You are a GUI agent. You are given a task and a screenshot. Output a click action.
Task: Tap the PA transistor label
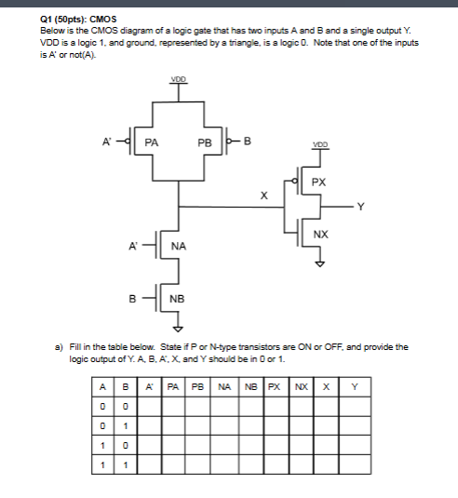[x=151, y=142]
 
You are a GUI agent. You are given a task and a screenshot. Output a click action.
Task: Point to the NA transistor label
[x=179, y=247]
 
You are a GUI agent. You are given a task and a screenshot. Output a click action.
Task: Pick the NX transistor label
[x=320, y=232]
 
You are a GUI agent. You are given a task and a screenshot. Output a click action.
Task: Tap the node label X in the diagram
[x=263, y=196]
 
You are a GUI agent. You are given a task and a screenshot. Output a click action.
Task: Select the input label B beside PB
[x=247, y=141]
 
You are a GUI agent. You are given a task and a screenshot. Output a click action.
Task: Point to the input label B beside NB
[x=132, y=298]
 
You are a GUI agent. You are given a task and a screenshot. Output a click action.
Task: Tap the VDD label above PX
[x=320, y=145]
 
